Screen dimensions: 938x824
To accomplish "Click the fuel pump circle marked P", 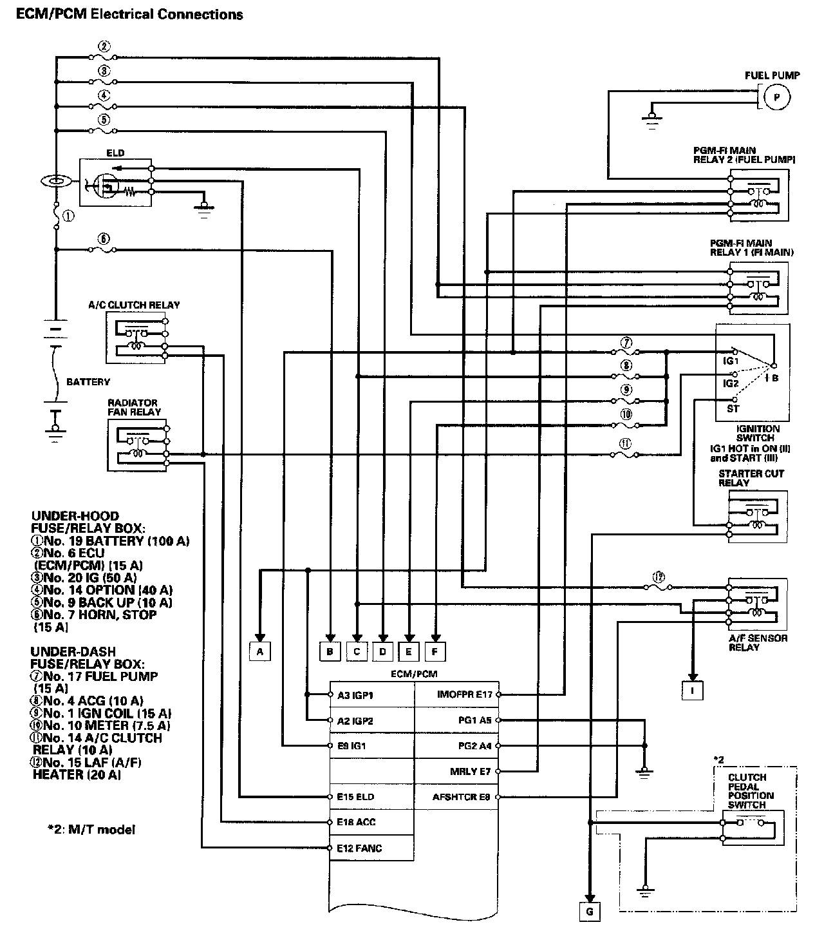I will pos(776,98).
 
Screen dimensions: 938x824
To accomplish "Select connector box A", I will pos(260,652).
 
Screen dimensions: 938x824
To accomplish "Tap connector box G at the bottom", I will pos(589,912).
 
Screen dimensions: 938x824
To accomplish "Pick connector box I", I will pos(693,690).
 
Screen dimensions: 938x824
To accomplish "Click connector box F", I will pos(435,652).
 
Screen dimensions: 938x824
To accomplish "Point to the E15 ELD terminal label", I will pos(355,797).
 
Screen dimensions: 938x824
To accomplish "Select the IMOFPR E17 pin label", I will pos(464,694).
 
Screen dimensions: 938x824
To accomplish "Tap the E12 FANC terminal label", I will pos(359,848).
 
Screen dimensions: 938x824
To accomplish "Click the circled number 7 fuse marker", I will pos(626,342).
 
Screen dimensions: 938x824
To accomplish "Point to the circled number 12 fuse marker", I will pos(657,578).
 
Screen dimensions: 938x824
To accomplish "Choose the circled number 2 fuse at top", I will pos(104,46).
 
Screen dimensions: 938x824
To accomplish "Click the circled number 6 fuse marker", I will pos(103,238).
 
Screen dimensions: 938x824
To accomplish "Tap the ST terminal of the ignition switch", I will pos(733,408).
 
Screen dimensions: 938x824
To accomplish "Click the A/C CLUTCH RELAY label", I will pos(134,305).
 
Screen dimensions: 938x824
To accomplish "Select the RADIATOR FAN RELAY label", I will pos(134,407).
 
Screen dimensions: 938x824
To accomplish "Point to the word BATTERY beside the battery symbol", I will pos(88,382).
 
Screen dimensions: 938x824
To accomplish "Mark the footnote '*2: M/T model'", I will pos(84,830).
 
